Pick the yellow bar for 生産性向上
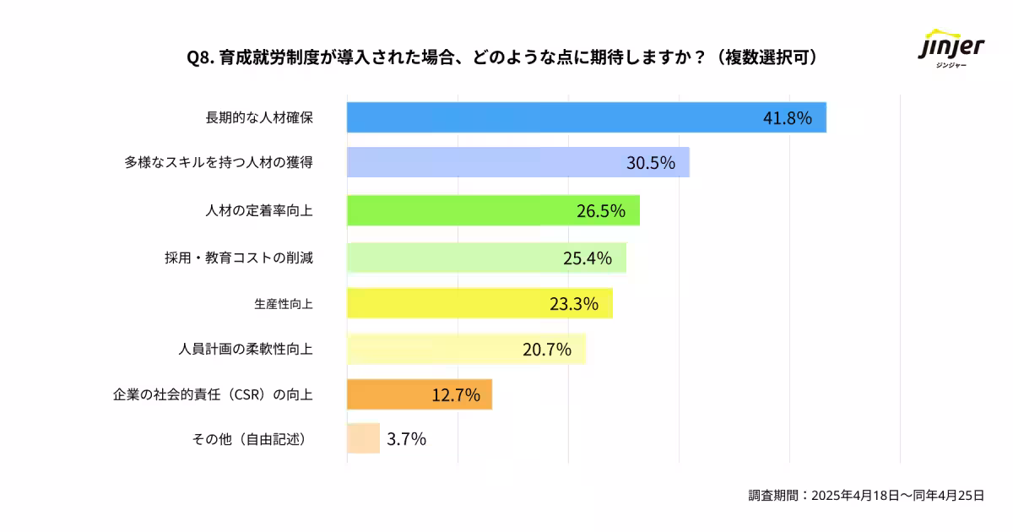click(x=447, y=303)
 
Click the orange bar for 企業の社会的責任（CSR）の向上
click(x=388, y=394)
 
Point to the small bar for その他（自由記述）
click(x=363, y=438)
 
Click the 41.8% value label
click(x=787, y=118)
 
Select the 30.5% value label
click(x=650, y=163)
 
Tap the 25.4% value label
click(x=587, y=258)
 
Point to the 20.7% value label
click(x=546, y=349)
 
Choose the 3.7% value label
click(x=406, y=439)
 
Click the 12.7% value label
click(x=456, y=394)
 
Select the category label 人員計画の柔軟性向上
click(x=246, y=348)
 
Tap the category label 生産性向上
click(x=283, y=303)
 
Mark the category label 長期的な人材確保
click(x=259, y=117)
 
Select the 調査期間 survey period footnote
click(x=866, y=496)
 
